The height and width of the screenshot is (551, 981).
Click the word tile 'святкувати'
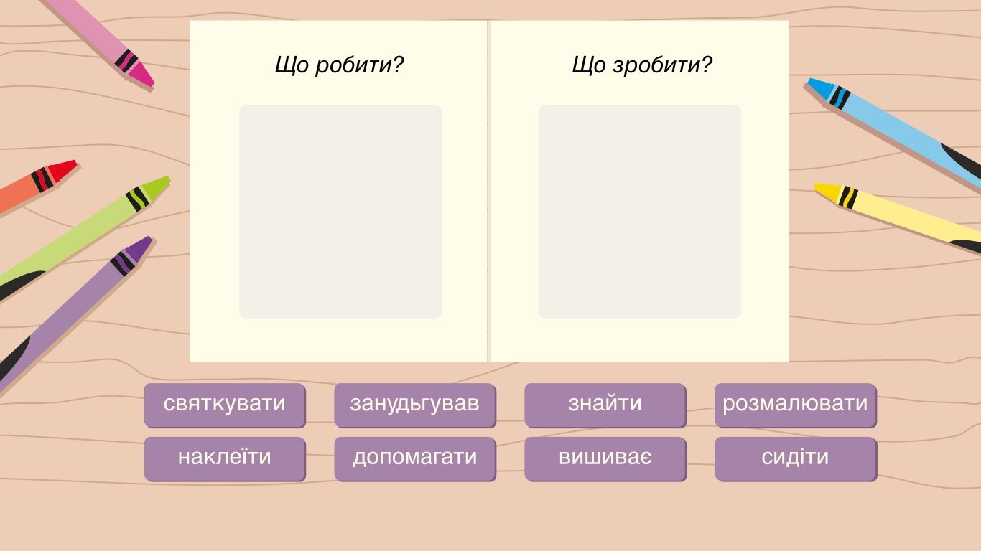(x=225, y=405)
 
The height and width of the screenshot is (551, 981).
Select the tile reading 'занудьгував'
(x=415, y=405)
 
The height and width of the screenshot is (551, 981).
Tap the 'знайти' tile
(x=605, y=405)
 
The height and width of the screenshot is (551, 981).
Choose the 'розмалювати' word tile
(x=795, y=405)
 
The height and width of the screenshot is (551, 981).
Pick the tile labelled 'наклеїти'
(x=225, y=459)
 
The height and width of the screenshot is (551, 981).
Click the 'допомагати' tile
(x=415, y=459)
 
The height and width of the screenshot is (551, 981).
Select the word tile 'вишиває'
(x=605, y=459)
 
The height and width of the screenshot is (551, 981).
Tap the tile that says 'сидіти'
(x=795, y=459)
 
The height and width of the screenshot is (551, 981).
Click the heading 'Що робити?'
(x=339, y=65)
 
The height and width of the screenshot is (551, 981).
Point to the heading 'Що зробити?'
(x=642, y=65)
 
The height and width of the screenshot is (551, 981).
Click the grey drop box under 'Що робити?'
(x=340, y=212)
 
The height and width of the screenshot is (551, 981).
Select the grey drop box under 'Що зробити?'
(x=640, y=212)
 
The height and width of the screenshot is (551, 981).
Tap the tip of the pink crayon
(x=153, y=85)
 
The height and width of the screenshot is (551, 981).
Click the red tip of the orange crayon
(x=75, y=162)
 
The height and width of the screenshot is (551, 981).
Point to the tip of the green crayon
(x=169, y=178)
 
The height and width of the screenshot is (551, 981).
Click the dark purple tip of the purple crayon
(x=150, y=238)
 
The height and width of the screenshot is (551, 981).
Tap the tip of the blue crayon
(x=809, y=80)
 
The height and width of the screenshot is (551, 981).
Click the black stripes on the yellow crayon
(x=848, y=197)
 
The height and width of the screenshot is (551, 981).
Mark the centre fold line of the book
(x=489, y=192)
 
